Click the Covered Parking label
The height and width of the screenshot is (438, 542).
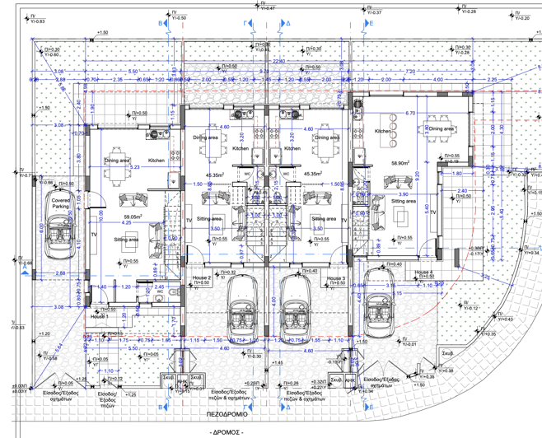point(60,203)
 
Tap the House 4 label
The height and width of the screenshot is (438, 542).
point(423,273)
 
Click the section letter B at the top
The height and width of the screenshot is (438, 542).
point(161,25)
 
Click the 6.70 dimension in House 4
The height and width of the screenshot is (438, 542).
point(409,114)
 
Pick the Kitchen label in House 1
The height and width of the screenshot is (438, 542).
point(157,161)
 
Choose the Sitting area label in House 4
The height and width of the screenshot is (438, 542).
point(404,201)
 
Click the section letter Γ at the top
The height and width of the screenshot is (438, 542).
point(246,25)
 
